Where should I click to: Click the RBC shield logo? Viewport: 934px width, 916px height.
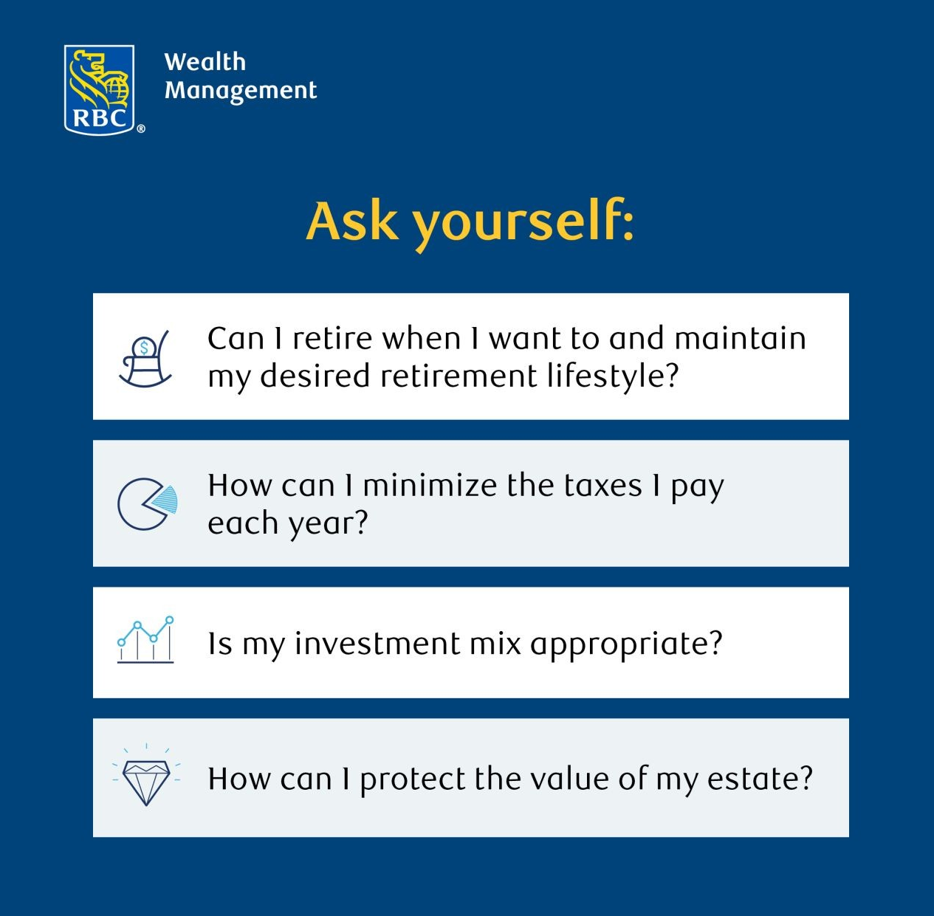(x=100, y=90)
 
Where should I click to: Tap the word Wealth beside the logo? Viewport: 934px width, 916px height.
(x=205, y=62)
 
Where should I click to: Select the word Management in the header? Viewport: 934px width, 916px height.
(x=241, y=91)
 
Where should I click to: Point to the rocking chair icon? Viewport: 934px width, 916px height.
(x=145, y=359)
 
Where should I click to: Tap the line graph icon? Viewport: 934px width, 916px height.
(x=145, y=639)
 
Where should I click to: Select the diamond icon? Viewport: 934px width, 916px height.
(x=146, y=776)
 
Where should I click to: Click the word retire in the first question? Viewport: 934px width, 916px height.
(x=332, y=338)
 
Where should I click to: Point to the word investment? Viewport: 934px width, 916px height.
(x=377, y=644)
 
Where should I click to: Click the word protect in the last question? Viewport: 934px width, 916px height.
(x=413, y=780)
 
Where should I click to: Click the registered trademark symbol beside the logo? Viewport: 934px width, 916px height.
(x=140, y=129)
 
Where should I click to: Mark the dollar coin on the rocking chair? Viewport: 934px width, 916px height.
(x=144, y=348)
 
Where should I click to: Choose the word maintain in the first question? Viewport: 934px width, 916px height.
(x=741, y=338)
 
